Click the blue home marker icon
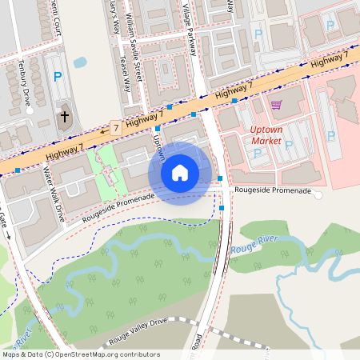(x=180, y=172)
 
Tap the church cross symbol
(x=65, y=118)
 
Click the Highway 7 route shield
(x=116, y=127)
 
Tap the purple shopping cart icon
(x=276, y=105)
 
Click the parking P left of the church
(x=57, y=77)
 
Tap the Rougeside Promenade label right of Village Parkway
(x=271, y=191)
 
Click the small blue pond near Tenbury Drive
(x=80, y=62)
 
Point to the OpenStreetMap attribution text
(x=80, y=354)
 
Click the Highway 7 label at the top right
(x=330, y=60)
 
